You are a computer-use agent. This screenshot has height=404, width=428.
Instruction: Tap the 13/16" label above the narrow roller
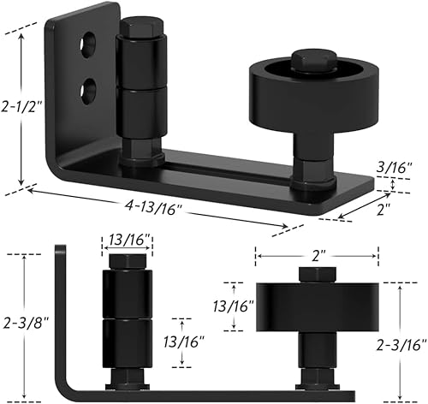[128, 241]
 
